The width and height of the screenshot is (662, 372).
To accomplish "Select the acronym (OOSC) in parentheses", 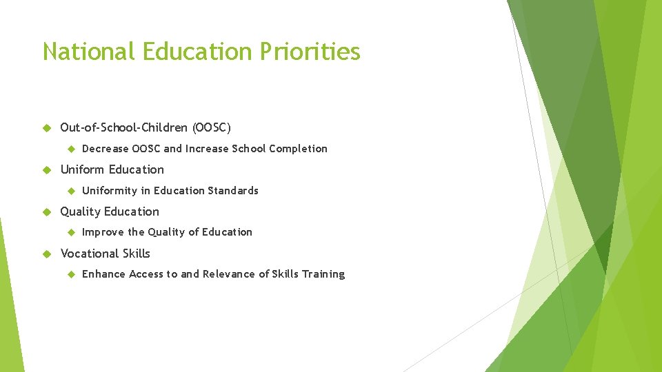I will tap(212, 127).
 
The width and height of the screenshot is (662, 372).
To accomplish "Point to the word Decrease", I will tap(106, 149).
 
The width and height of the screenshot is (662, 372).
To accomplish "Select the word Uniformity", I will tap(110, 191).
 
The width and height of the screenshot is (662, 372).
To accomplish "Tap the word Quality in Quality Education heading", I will tap(81, 211).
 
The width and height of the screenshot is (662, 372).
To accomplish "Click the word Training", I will tap(323, 274).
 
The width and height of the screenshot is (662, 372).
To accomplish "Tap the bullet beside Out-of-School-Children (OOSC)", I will tap(47, 128).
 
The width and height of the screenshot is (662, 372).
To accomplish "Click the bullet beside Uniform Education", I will tap(47, 170).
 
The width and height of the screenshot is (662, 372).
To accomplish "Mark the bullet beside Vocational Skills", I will tap(47, 254).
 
